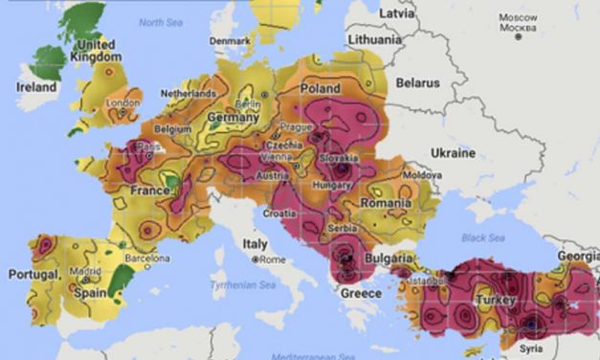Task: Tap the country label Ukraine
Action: click(x=453, y=153)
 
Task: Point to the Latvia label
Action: click(x=397, y=13)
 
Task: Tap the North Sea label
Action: click(x=160, y=20)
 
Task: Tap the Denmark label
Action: click(x=230, y=41)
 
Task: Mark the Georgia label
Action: click(x=578, y=257)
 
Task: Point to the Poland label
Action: click(x=321, y=88)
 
